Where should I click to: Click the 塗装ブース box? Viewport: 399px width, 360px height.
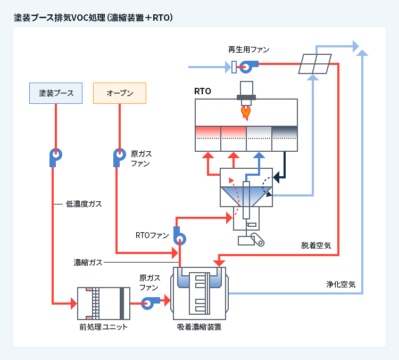[56, 93]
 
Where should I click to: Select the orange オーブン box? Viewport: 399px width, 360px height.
[119, 93]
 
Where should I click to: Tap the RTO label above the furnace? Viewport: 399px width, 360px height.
[203, 91]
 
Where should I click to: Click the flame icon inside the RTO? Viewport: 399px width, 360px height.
[246, 112]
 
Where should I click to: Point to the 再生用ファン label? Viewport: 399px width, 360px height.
[248, 50]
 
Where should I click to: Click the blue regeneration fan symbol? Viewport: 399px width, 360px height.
[247, 67]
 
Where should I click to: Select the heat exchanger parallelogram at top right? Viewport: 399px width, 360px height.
[314, 64]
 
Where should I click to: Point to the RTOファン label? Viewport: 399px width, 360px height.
[152, 235]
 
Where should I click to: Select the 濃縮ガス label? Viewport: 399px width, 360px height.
[88, 263]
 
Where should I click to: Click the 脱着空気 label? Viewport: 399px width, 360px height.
[316, 246]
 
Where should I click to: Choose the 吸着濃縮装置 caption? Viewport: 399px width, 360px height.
[199, 326]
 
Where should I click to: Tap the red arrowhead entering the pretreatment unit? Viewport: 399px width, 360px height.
[73, 304]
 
